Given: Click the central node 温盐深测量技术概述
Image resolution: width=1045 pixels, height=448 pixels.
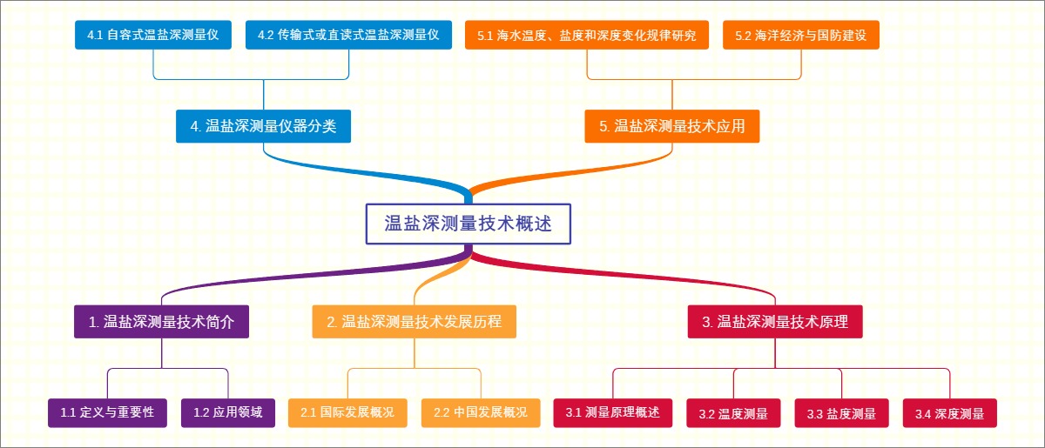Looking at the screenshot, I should (x=469, y=224).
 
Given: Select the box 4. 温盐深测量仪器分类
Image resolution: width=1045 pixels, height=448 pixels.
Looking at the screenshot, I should (x=263, y=126).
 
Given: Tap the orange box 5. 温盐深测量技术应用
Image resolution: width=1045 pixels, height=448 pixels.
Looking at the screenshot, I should (x=671, y=126).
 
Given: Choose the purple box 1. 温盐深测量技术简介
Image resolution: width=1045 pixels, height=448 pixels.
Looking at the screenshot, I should (x=162, y=322).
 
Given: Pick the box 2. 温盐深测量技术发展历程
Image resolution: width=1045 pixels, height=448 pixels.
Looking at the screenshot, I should (x=414, y=322).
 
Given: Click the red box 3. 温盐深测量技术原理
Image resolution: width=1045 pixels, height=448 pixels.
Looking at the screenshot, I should (x=775, y=322).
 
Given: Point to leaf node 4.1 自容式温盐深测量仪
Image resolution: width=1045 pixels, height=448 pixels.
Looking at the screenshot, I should (x=152, y=36).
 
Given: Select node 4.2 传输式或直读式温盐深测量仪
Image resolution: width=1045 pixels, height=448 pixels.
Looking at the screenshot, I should (x=349, y=36).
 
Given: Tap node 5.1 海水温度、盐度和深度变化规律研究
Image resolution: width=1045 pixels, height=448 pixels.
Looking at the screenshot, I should (x=587, y=36).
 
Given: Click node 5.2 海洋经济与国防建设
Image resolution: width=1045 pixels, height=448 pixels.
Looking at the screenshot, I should (x=800, y=36).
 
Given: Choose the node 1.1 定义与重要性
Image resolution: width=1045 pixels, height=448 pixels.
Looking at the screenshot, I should (x=107, y=412).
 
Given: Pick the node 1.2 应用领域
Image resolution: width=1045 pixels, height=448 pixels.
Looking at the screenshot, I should (x=227, y=412).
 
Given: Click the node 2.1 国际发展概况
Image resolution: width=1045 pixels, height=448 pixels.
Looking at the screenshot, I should (x=347, y=412).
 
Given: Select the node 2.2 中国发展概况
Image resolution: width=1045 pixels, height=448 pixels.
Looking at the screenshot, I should (x=481, y=412).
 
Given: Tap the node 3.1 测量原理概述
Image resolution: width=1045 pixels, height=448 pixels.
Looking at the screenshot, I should (x=612, y=412).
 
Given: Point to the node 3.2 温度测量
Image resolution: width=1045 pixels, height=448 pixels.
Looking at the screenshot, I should (x=733, y=413).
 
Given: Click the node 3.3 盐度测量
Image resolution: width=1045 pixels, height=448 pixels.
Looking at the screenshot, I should (x=841, y=413).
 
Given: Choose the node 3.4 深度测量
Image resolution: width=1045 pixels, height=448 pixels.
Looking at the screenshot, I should (x=949, y=413).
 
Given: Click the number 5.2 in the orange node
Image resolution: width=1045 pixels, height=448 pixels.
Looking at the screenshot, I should (x=743, y=36).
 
